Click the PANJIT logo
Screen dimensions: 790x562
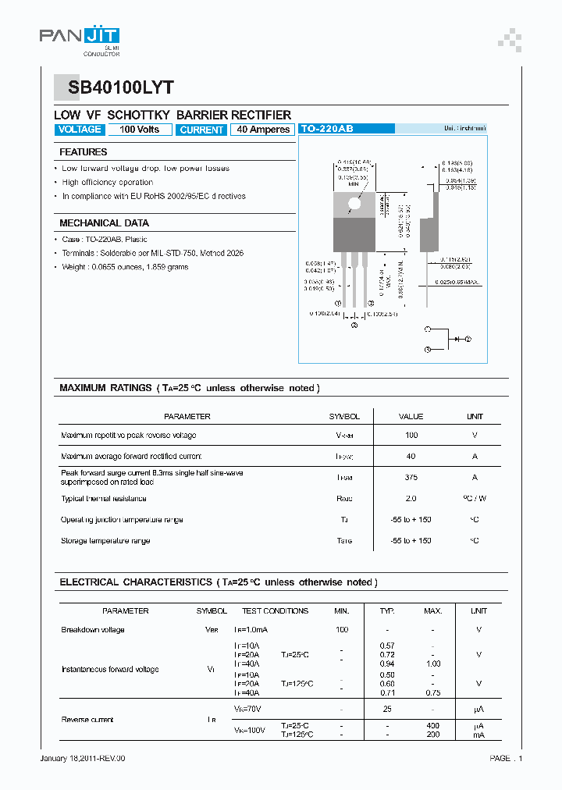pos(79,37)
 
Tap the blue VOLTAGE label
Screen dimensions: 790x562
pos(80,130)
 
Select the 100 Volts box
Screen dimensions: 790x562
pos(139,130)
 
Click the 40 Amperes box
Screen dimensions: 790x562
pos(262,130)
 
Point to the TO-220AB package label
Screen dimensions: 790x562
pos(326,130)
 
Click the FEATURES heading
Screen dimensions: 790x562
pos(84,152)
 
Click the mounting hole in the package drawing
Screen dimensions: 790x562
pos(354,204)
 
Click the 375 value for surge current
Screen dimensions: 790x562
pos(411,477)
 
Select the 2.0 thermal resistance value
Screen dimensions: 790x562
pos(411,499)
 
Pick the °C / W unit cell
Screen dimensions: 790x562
pos(475,499)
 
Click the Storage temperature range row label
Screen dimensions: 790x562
pos(105,541)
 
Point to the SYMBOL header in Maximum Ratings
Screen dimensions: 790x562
pos(344,417)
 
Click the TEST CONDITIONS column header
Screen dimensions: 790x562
pos(275,611)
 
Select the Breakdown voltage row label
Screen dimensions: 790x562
pos(93,630)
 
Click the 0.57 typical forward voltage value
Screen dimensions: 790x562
pos(387,646)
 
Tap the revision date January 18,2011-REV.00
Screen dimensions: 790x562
pos(82,758)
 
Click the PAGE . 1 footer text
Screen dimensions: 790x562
pos(506,758)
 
